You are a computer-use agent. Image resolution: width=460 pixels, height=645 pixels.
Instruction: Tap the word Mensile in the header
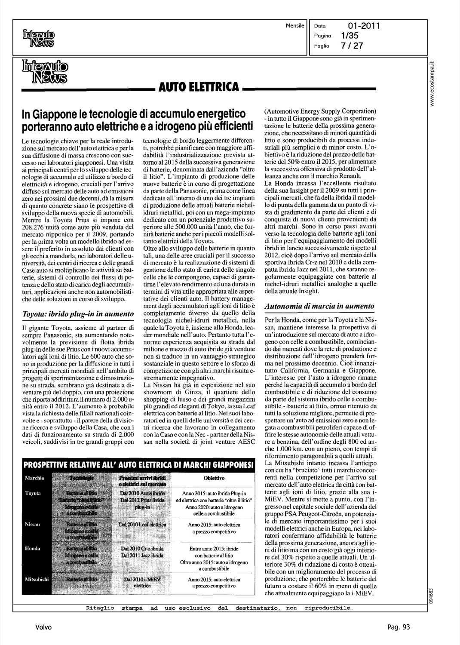click(294, 26)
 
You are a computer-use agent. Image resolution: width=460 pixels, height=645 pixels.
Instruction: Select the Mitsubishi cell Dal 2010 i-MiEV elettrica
click(142, 582)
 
